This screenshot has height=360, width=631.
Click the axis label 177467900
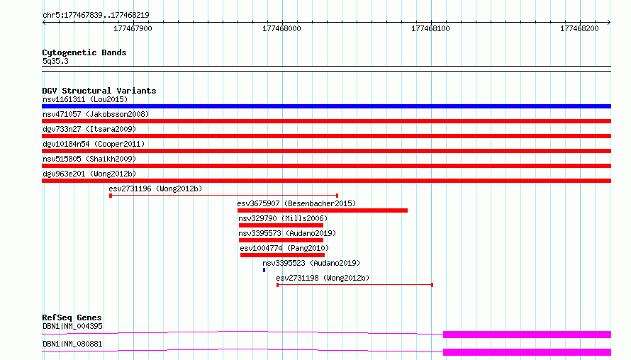pos(133,28)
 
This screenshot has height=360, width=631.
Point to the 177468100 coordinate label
pos(430,28)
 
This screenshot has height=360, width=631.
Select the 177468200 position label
pos(579,28)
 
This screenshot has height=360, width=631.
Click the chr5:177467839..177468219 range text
pos(96,16)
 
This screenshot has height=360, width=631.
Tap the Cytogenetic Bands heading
pos(84,52)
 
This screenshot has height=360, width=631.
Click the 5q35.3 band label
pos(55,61)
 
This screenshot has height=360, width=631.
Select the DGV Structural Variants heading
pos(99,91)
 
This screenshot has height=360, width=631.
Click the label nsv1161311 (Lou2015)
pos(85,99)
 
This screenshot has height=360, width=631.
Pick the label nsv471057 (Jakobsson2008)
pos(96,114)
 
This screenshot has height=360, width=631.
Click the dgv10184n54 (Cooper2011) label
pos(94,144)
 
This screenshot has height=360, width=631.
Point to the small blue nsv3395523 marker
pos(264,270)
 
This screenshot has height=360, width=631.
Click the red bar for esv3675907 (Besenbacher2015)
pos(323,210)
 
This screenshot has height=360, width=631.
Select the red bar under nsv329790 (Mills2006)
pos(281,225)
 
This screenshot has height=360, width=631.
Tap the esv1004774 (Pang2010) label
pos(284,248)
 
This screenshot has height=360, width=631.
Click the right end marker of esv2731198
pos(432,285)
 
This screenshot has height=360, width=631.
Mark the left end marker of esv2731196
pos(111,196)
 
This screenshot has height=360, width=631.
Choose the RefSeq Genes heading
pos(72,317)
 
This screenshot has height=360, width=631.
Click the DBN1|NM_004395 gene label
pos(72,326)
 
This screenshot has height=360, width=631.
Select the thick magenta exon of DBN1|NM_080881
pos(527,352)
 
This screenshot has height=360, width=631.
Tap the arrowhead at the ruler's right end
pos(609,23)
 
